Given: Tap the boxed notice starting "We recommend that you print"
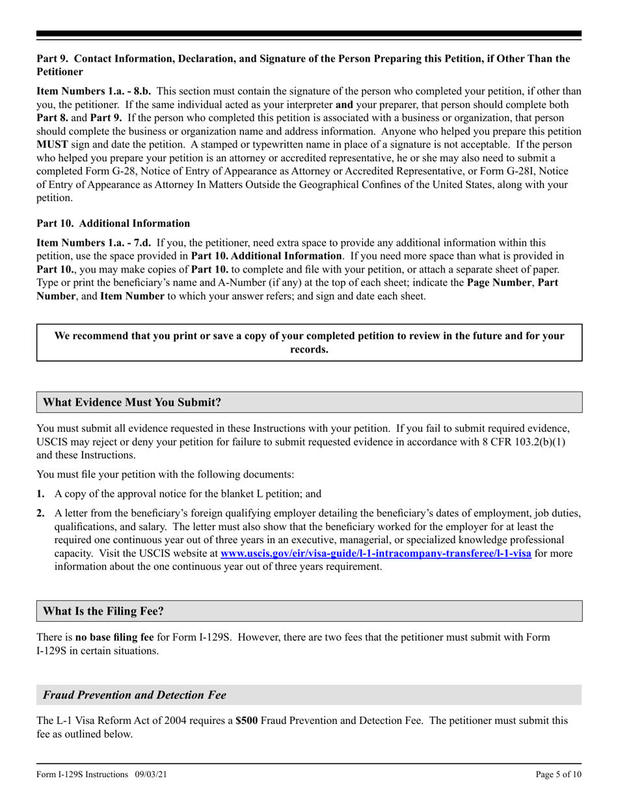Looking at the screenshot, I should [309, 343].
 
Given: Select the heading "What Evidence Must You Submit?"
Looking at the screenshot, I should [132, 403].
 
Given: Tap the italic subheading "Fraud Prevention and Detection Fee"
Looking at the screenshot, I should [135, 695].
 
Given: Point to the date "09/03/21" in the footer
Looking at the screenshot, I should [155, 775].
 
